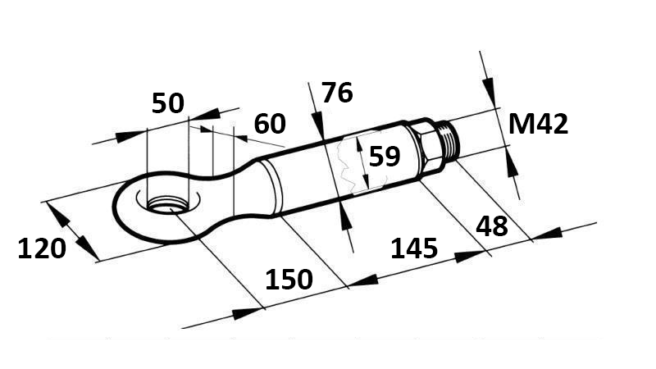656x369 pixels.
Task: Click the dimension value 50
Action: point(168,103)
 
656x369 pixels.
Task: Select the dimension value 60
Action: point(270,124)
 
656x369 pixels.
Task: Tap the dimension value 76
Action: point(337,93)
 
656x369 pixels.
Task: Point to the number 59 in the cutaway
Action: point(384,156)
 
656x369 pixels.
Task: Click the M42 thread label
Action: point(538,124)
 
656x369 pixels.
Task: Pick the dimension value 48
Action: point(492,226)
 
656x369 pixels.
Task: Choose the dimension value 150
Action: point(289,280)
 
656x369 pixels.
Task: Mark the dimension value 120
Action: point(41,247)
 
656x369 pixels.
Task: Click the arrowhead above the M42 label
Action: point(489,87)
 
